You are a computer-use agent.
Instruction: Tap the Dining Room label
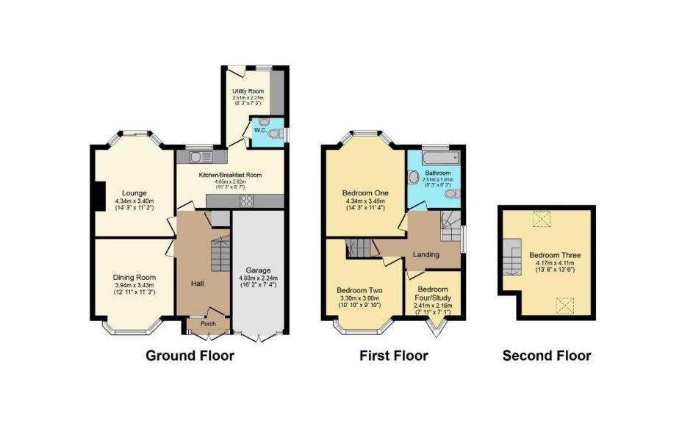133,277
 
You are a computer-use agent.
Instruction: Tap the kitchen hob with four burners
247,201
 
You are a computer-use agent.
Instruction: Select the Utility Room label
247,91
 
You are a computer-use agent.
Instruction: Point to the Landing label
426,255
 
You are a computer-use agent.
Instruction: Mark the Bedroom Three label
553,255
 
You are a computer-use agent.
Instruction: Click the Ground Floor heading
190,356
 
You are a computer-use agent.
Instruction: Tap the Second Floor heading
546,356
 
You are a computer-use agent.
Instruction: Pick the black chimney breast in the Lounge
96,195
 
